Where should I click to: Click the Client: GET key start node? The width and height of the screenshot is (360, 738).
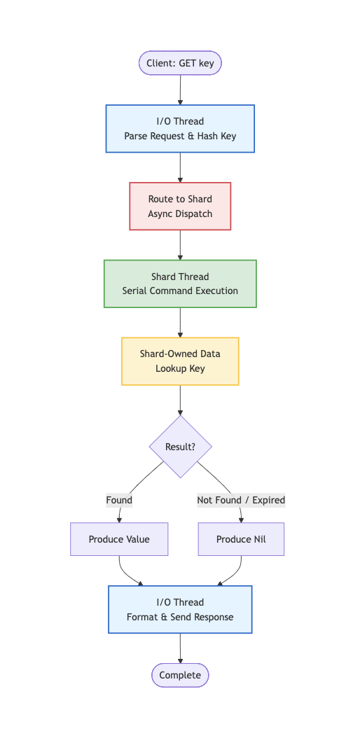pyautogui.click(x=180, y=63)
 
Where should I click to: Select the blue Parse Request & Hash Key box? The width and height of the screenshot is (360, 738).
pyautogui.click(x=180, y=128)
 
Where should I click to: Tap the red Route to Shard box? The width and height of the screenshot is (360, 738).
pyautogui.click(x=180, y=206)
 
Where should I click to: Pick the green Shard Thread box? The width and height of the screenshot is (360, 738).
pyautogui.click(x=180, y=284)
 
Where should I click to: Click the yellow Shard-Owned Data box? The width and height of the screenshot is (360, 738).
pyautogui.click(x=180, y=361)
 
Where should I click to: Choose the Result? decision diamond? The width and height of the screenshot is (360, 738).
pyautogui.click(x=180, y=447)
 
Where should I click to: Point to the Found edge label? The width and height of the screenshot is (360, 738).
pyautogui.click(x=119, y=500)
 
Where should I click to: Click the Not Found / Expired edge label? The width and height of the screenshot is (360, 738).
pyautogui.click(x=241, y=500)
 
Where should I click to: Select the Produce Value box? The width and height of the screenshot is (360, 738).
pyautogui.click(x=119, y=539)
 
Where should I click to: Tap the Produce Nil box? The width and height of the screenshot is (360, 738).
pyautogui.click(x=241, y=539)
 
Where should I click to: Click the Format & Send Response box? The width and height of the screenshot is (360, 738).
pyautogui.click(x=180, y=609)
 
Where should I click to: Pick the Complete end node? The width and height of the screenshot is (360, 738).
pyautogui.click(x=180, y=675)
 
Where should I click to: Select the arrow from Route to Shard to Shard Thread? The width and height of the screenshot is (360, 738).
pyautogui.click(x=180, y=245)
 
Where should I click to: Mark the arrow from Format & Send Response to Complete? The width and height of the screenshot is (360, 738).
pyautogui.click(x=180, y=648)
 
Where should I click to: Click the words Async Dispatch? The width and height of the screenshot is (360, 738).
pyautogui.click(x=180, y=214)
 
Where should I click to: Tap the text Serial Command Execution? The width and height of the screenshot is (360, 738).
pyautogui.click(x=180, y=291)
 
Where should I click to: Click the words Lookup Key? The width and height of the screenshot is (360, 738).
pyautogui.click(x=180, y=369)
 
